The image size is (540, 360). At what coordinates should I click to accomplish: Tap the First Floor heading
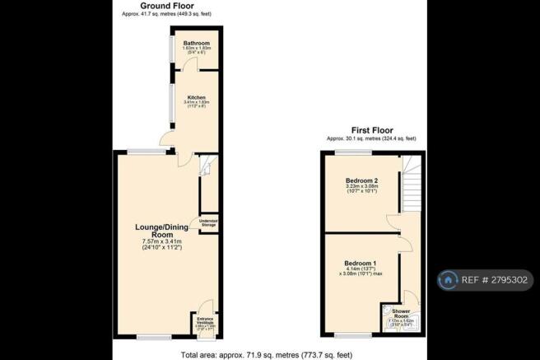tap(370, 130)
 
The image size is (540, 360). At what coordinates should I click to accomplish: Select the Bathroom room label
tap(196, 43)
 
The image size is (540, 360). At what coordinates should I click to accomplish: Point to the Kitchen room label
tap(196, 97)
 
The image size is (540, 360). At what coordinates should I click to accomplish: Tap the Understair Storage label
tap(208, 222)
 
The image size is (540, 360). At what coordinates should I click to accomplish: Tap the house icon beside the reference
tap(449, 280)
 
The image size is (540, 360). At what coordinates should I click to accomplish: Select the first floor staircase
tap(412, 186)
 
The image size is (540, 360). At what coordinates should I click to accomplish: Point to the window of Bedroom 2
tap(359, 153)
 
